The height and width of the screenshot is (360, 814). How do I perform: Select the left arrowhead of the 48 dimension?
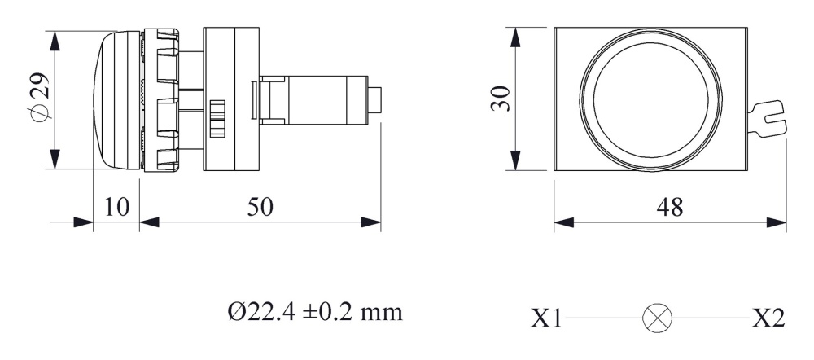point(562,222)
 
